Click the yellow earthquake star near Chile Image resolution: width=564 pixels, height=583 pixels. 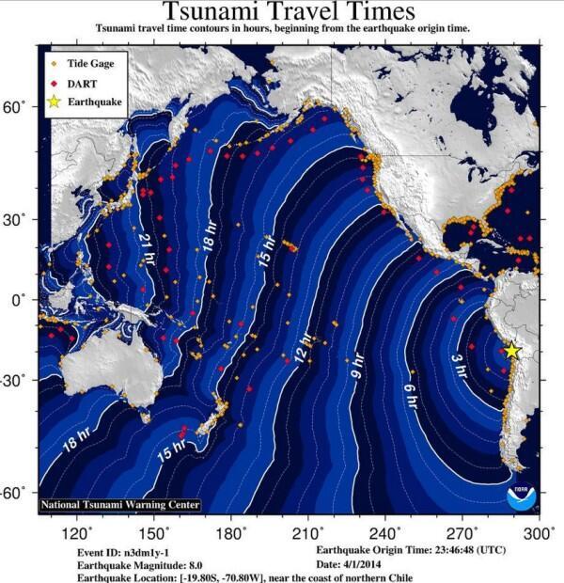pyautogui.click(x=511, y=350)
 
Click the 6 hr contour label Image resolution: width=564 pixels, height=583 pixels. pyautogui.click(x=411, y=396)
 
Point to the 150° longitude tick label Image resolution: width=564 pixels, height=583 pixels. pyautogui.click(x=149, y=533)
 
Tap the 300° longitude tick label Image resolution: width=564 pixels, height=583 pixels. pyautogui.click(x=539, y=533)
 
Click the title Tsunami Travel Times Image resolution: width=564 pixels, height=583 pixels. pyautogui.click(x=288, y=12)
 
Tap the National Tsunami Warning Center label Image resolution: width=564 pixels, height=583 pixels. pyautogui.click(x=119, y=505)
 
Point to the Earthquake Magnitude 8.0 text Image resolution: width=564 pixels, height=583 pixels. pyautogui.click(x=136, y=564)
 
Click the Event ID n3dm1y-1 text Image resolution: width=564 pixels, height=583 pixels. pyautogui.click(x=117, y=551)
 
